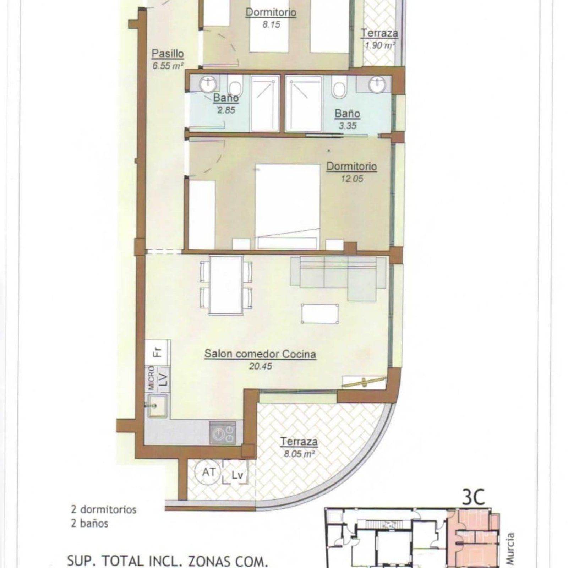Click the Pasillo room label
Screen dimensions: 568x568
click(x=168, y=54)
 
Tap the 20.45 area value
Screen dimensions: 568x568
click(x=261, y=366)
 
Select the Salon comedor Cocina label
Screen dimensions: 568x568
click(x=260, y=354)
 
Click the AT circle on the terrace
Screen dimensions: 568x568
click(x=208, y=472)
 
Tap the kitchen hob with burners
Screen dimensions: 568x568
click(x=223, y=432)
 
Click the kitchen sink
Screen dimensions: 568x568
click(x=156, y=406)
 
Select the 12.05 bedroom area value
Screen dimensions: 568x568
click(x=352, y=179)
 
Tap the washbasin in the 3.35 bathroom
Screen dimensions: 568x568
click(x=376, y=84)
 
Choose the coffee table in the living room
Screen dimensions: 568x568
click(x=320, y=313)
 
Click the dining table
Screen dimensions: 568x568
click(x=226, y=285)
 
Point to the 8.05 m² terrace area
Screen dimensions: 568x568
click(x=299, y=454)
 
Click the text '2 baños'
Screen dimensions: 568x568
click(x=89, y=523)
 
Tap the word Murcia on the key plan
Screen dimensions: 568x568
click(x=510, y=549)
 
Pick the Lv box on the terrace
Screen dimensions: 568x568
click(x=235, y=473)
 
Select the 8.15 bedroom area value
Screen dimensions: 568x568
click(x=271, y=24)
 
